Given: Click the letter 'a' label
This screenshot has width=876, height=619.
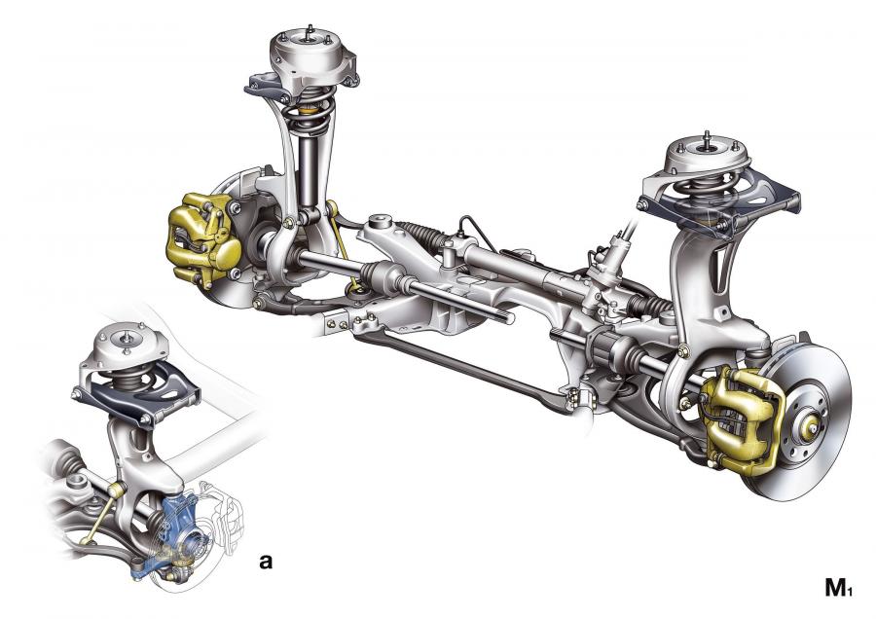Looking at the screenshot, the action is pyautogui.click(x=266, y=561).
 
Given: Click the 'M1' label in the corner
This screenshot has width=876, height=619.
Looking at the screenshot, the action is pyautogui.click(x=839, y=588).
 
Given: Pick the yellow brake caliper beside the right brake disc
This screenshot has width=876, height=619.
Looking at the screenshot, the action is pyautogui.click(x=739, y=419).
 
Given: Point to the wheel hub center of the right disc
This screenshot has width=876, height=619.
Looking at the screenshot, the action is pyautogui.click(x=810, y=427).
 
